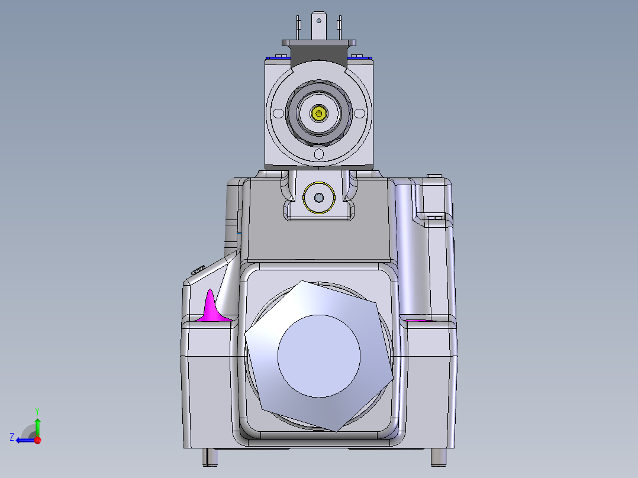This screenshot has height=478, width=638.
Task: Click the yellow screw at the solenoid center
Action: [x=320, y=113]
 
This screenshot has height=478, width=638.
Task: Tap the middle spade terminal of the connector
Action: [x=319, y=26]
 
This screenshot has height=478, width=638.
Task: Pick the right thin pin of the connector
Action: [x=339, y=27]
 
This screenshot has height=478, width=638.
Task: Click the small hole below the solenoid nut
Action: [x=320, y=154]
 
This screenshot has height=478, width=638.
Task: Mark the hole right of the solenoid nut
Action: [x=361, y=112]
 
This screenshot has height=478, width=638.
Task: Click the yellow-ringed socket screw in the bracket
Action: [x=319, y=197]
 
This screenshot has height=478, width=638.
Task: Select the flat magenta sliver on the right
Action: [x=418, y=321]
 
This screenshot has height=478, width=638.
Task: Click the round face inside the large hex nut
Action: [x=319, y=355]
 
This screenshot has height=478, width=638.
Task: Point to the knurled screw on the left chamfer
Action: [x=198, y=270]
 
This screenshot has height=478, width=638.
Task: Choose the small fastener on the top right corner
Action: [x=434, y=175]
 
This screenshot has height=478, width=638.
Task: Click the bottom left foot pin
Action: [x=210, y=457]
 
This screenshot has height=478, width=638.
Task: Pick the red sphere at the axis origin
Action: [x=37, y=440]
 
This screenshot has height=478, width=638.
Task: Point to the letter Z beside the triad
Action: [x=12, y=437]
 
